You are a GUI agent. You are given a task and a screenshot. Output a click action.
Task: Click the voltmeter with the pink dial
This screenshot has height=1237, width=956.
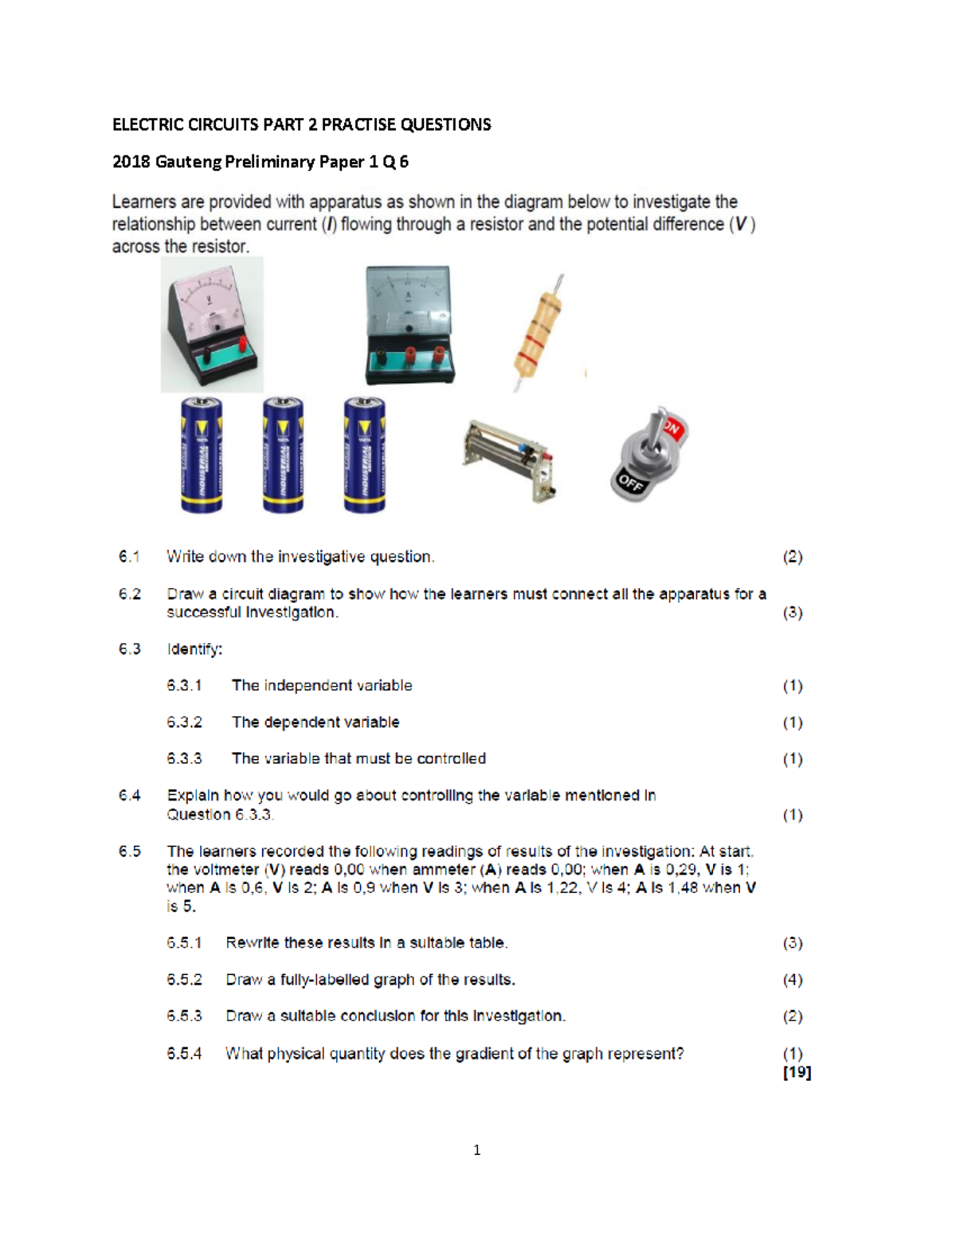coord(211,325)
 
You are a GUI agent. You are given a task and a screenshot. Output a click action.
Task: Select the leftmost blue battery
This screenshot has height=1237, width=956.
coord(202,455)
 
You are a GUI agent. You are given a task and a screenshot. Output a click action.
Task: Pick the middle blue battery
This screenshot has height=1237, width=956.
coord(283,455)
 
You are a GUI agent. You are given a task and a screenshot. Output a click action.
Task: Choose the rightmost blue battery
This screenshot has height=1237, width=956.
coord(364,455)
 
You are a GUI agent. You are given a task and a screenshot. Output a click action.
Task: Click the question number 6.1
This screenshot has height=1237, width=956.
coord(129,557)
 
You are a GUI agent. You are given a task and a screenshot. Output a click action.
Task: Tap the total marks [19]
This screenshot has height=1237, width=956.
coord(797,1072)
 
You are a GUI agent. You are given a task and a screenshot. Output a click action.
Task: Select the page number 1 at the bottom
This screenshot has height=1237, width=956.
coord(476,1149)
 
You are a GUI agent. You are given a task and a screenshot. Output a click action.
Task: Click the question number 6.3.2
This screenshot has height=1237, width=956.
coord(184,722)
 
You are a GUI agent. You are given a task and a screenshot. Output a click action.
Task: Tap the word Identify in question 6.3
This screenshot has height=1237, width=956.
coord(194,649)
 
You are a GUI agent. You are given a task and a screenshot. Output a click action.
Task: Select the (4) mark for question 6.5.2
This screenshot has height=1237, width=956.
coord(792,980)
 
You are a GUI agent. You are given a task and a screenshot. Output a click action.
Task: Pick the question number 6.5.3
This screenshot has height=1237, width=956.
coord(184,1016)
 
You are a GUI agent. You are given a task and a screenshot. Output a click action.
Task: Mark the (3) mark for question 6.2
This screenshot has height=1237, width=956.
coord(792,613)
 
